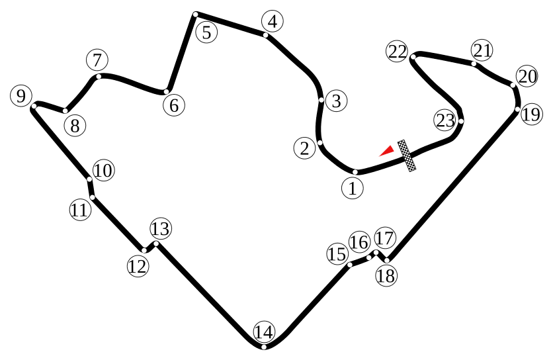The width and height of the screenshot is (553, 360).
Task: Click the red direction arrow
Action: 387,151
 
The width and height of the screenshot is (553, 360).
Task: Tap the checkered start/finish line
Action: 407,156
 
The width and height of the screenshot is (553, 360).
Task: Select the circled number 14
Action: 263,331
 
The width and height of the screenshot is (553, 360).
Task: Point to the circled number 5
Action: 207,31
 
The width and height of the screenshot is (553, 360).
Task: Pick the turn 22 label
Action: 398,52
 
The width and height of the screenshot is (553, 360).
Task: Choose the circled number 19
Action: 531,114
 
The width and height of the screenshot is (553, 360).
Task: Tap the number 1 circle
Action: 353,188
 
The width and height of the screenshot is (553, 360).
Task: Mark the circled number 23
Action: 445,120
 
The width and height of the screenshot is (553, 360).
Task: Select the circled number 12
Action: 138,266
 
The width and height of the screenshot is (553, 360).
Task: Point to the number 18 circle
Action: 386,275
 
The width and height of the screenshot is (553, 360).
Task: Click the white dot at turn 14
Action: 263,347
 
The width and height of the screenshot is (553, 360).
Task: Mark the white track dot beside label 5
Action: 196,14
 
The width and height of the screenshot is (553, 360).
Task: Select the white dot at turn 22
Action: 412,57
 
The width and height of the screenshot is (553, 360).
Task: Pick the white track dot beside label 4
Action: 265,35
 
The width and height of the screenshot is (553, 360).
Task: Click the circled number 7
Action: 97,60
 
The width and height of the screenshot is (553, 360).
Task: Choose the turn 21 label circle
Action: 482,50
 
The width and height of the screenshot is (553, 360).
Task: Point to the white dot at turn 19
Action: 517,109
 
